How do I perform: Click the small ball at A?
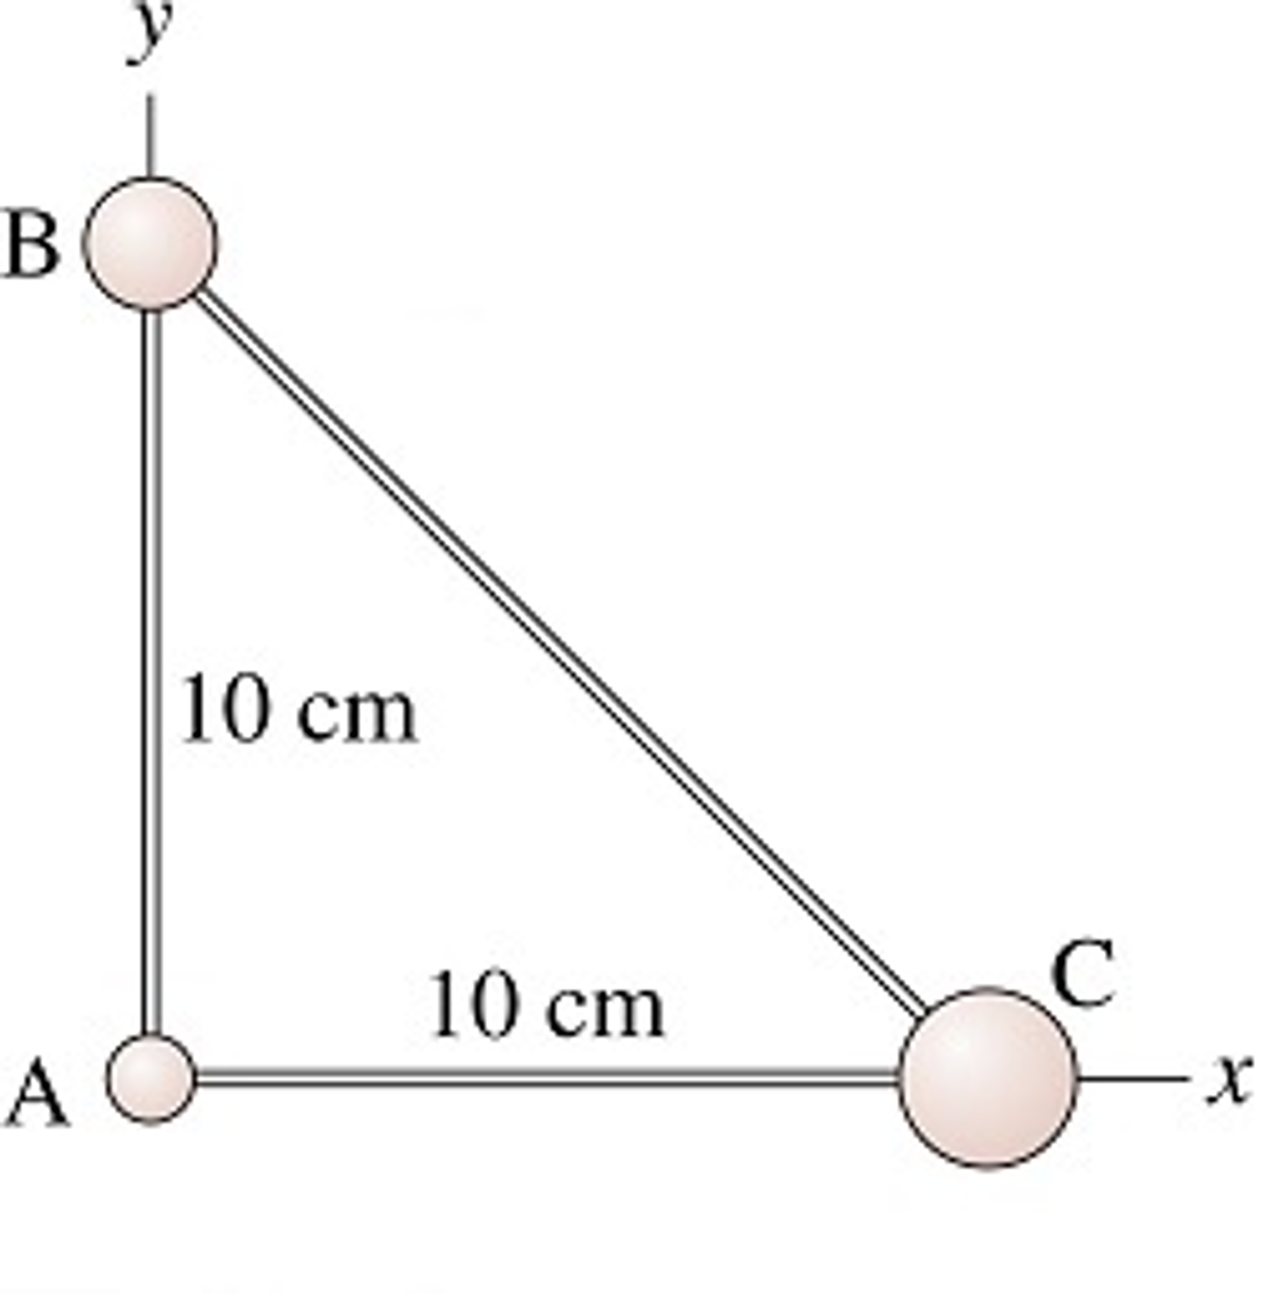(151, 1079)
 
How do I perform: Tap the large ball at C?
(987, 1076)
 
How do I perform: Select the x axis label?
(1231, 1078)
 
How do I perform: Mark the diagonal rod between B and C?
(557, 650)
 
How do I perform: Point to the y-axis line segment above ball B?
(150, 136)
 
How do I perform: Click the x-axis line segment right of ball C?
(1128, 1078)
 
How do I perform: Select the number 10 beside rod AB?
(224, 709)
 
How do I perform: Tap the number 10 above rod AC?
(472, 1003)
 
